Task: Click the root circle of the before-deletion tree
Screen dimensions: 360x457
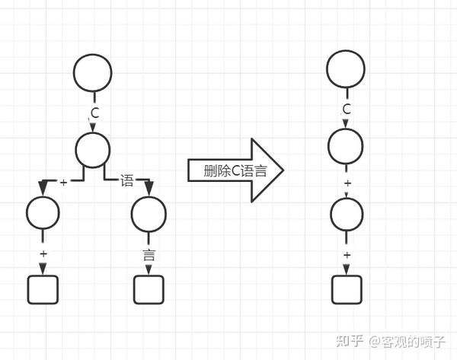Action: pyautogui.click(x=93, y=73)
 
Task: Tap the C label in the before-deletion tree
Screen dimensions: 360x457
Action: pyautogui.click(x=94, y=113)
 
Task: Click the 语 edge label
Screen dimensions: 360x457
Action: pyautogui.click(x=126, y=181)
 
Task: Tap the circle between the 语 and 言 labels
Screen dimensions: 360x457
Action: pyautogui.click(x=149, y=215)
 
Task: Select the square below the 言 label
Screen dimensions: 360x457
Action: pyautogui.click(x=149, y=289)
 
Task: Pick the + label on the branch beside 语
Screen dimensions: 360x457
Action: pyautogui.click(x=64, y=182)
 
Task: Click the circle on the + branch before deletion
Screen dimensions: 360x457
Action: pyautogui.click(x=43, y=215)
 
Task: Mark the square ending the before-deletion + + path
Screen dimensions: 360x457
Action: pyautogui.click(x=43, y=289)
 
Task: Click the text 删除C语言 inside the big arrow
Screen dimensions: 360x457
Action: pyautogui.click(x=235, y=170)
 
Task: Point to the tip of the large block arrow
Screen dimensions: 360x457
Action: pyautogui.click(x=283, y=170)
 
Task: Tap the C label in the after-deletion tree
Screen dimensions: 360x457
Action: pyautogui.click(x=347, y=110)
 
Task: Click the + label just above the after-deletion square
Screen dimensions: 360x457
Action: pyautogui.click(x=347, y=255)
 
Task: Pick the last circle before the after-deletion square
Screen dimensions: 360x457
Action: pyautogui.click(x=346, y=216)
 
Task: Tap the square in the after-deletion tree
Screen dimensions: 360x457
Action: pyautogui.click(x=347, y=289)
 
